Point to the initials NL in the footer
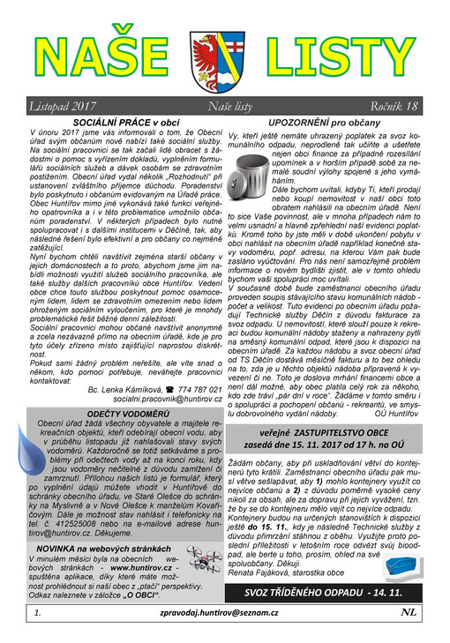click(x=409, y=634)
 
